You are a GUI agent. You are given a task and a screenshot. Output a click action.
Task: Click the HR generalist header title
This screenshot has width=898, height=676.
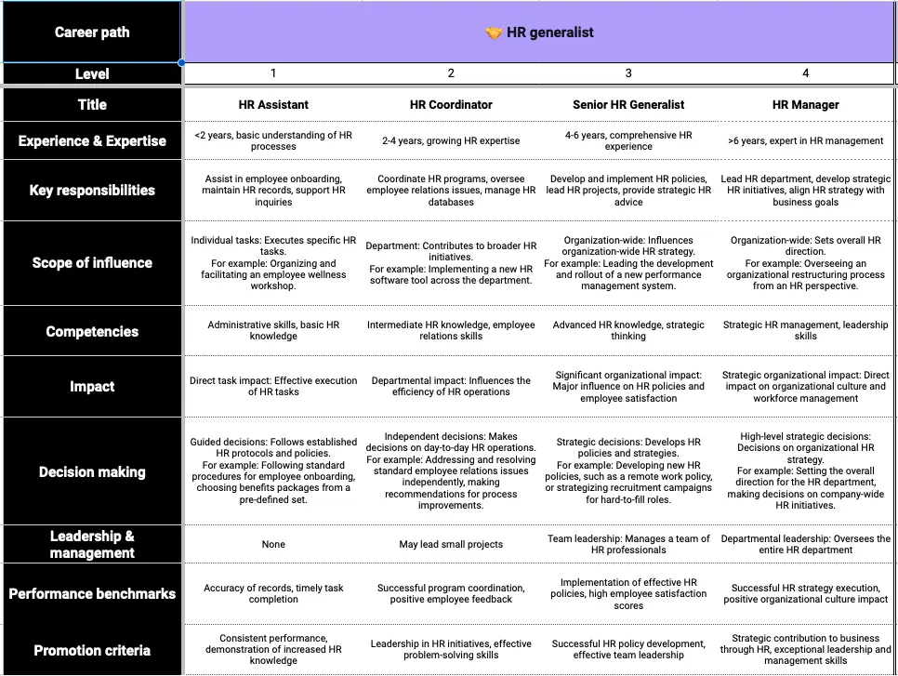click(549, 33)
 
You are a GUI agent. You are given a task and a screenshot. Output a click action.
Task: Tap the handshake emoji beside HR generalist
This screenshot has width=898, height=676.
click(494, 33)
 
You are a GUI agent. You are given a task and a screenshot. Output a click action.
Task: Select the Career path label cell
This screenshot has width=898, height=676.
click(91, 33)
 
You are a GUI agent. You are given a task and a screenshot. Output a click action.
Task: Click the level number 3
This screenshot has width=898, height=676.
click(628, 73)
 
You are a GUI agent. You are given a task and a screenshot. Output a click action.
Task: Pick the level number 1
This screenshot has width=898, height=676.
click(273, 73)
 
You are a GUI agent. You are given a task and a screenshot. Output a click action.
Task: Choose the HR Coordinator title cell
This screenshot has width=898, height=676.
click(451, 105)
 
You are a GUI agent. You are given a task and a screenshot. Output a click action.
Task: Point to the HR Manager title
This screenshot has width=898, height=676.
click(805, 105)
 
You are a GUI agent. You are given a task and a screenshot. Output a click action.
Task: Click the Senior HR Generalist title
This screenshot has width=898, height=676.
click(628, 105)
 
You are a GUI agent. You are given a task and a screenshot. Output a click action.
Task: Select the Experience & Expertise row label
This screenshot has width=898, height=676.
click(91, 141)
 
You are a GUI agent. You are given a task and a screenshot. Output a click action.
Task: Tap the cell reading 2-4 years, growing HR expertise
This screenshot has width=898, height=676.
click(451, 141)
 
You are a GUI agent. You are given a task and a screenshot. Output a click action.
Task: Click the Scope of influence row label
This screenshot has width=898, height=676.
click(91, 262)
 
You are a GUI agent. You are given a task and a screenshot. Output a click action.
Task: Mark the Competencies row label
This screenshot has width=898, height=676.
click(91, 331)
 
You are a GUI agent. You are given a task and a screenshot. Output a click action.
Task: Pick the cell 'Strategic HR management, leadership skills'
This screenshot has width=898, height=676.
click(805, 331)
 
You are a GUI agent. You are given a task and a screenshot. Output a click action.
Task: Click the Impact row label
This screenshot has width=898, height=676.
click(91, 387)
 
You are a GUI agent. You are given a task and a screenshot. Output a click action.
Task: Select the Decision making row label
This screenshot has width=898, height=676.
click(91, 471)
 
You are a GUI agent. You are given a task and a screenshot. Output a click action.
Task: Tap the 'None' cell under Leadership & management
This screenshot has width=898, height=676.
click(273, 545)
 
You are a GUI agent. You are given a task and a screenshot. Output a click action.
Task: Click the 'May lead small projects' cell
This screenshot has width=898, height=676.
click(451, 545)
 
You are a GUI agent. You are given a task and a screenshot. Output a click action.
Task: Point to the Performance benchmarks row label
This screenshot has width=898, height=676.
click(91, 593)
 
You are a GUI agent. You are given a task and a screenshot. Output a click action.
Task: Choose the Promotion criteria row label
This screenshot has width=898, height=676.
click(91, 650)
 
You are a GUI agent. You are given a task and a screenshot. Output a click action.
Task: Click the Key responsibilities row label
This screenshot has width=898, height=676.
click(91, 190)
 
